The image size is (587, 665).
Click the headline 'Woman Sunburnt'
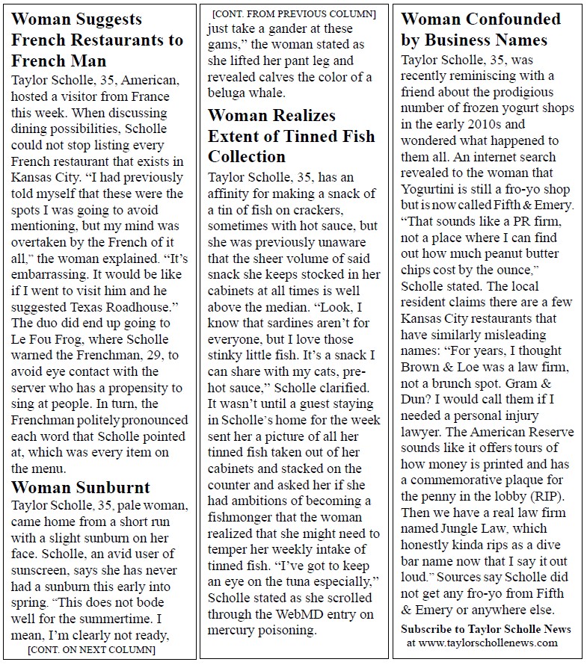(81, 488)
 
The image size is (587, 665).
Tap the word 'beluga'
(231, 94)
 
